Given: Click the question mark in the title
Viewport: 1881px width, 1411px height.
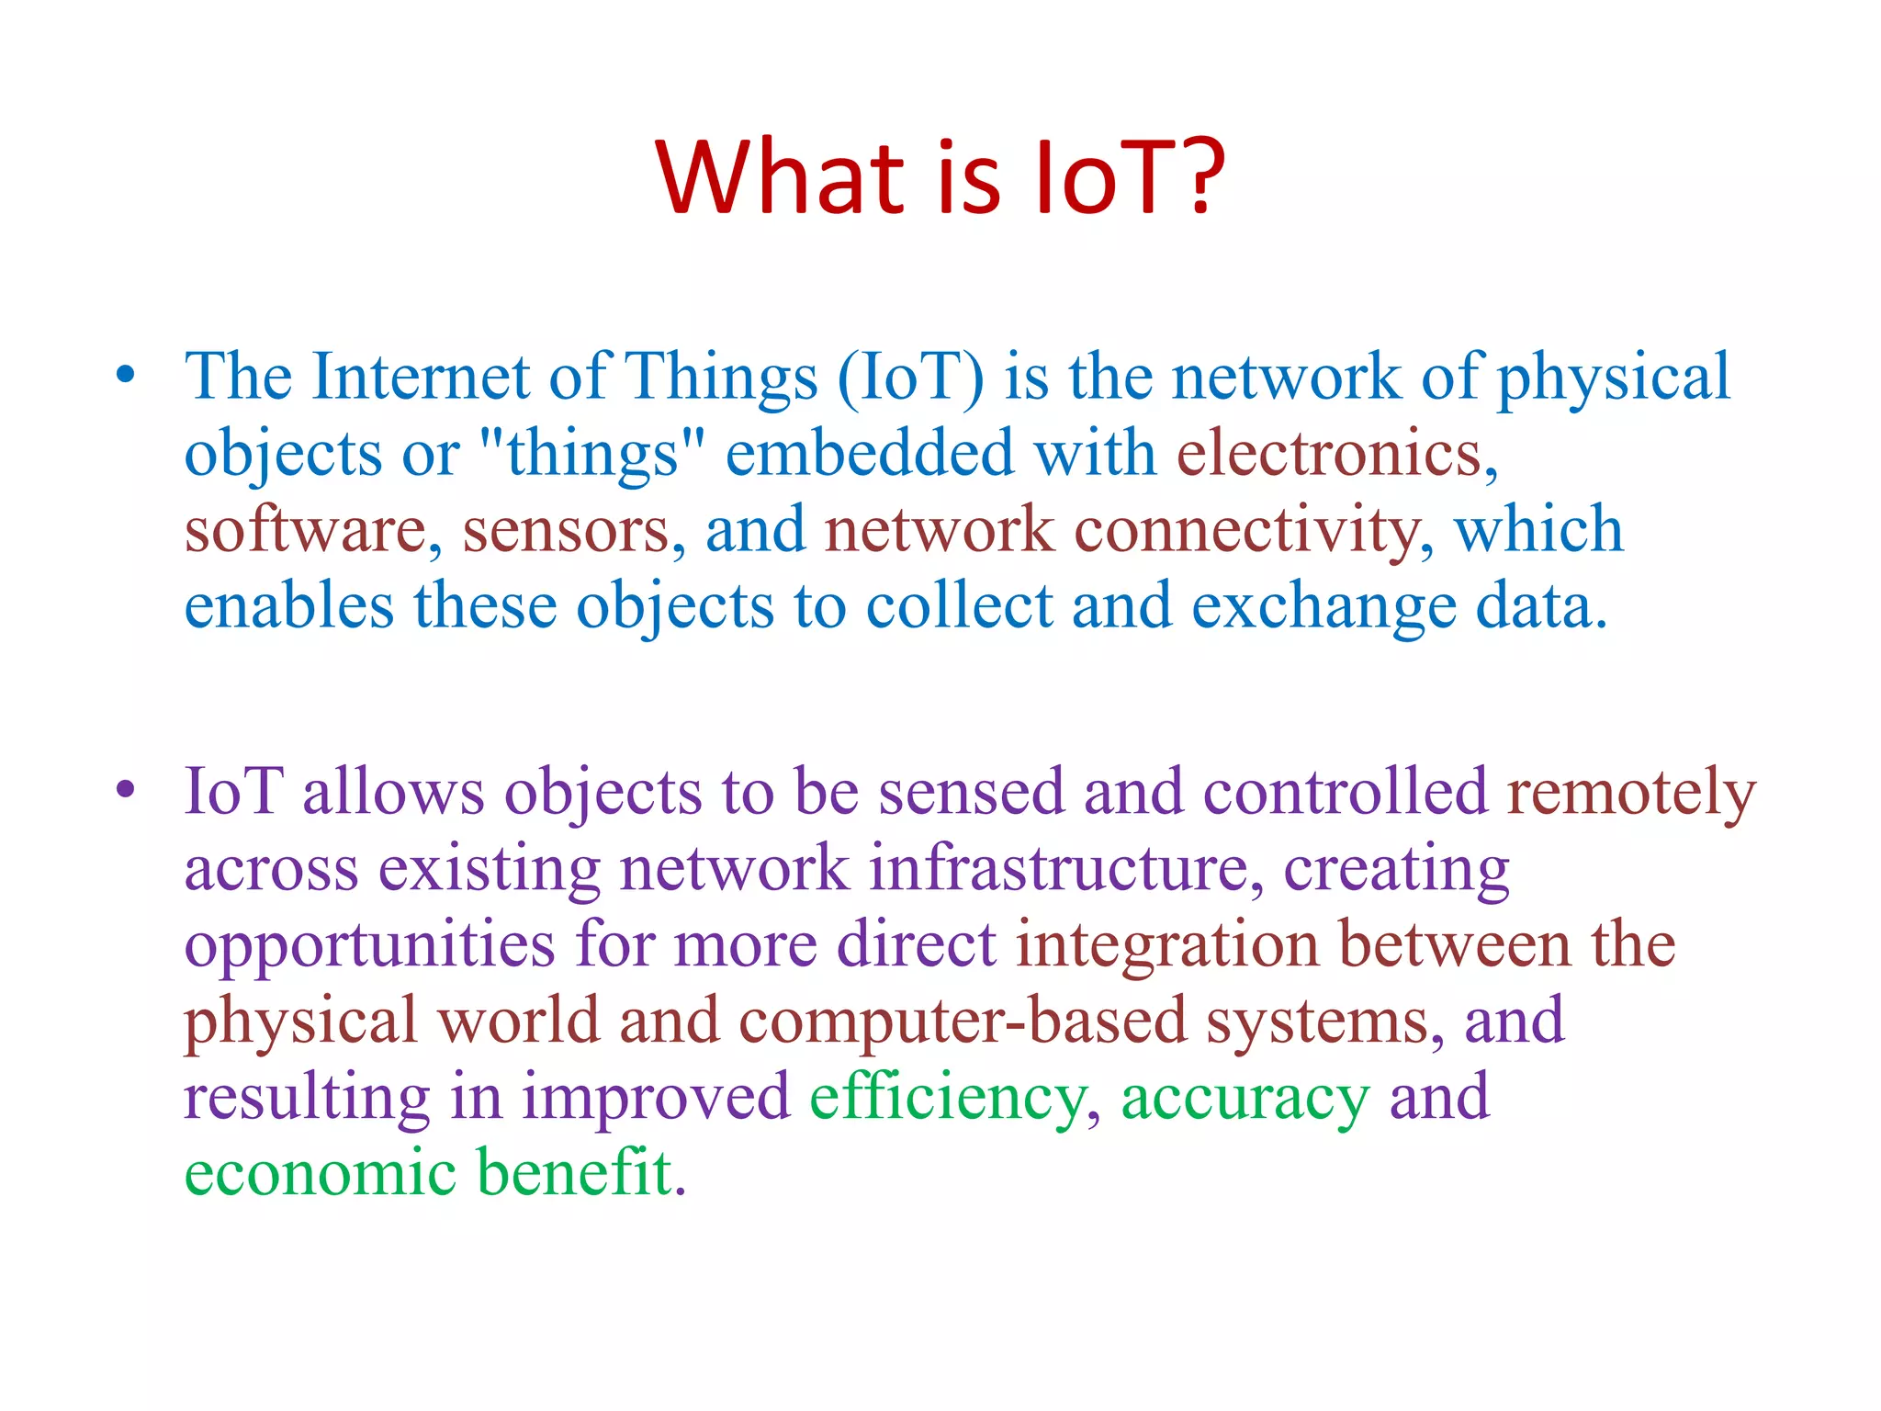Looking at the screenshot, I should [x=1195, y=176].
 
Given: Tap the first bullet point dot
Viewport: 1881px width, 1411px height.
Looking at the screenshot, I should [x=126, y=375].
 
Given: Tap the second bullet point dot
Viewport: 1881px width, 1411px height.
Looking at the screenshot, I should [x=126, y=789].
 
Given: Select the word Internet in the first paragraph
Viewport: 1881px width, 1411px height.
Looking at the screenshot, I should [x=421, y=377].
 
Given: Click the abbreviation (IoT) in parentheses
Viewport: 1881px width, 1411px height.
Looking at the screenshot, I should [x=910, y=377].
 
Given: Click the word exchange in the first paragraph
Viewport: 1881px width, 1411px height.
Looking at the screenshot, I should [x=1323, y=608].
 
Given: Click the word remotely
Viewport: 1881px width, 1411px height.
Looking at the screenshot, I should [x=1631, y=792].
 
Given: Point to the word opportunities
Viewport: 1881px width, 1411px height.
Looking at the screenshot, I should [x=369, y=946].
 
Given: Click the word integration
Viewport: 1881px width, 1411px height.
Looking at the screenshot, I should [x=1166, y=944].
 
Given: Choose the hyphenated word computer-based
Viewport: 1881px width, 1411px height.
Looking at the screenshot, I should [x=963, y=1021].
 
